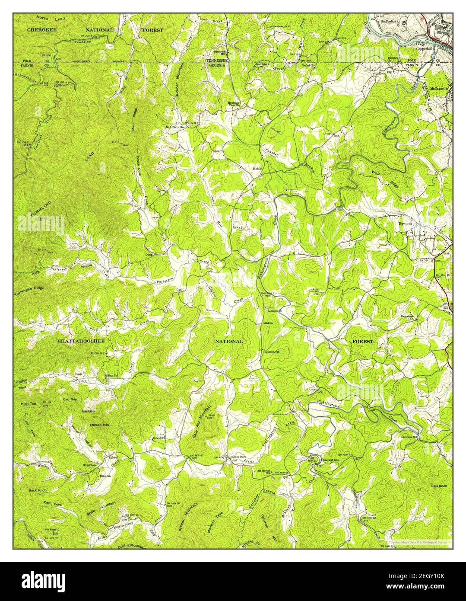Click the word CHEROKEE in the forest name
pyautogui.click(x=41, y=30)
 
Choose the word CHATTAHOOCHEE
pyautogui.click(x=81, y=341)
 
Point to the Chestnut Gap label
pyautogui.click(x=330, y=460)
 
